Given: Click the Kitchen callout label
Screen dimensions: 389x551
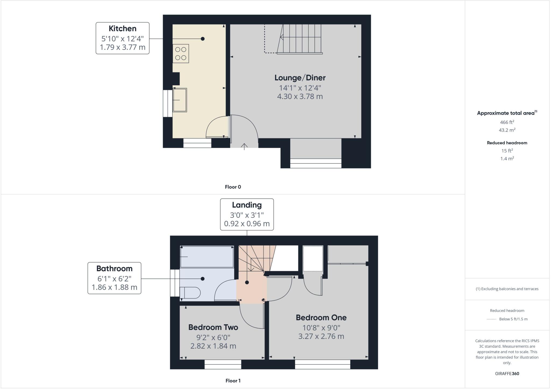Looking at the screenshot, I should coord(122,28).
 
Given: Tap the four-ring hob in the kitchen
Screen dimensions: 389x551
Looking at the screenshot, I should coord(181,53).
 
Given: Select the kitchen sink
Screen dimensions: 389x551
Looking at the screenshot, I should coord(180,100).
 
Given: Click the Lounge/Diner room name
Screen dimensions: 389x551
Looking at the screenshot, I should coord(300,78).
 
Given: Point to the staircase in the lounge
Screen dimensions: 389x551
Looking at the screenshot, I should coord(300,39).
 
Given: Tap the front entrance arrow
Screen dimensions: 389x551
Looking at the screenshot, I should coord(244,146).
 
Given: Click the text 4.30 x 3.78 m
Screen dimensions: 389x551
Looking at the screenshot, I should coord(300,96).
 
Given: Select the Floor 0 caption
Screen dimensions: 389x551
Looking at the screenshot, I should coord(233,187).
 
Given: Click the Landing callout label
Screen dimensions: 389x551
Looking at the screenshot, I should coord(247,205).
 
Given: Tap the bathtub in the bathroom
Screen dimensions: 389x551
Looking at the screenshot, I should coord(207,257).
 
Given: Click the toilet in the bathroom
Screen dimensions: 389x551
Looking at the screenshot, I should coord(190,293).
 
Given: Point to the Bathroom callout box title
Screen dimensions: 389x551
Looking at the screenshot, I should coord(114,269).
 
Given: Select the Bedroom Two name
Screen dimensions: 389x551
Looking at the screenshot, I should coord(213,327).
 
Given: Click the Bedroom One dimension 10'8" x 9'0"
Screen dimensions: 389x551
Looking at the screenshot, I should coord(321,328).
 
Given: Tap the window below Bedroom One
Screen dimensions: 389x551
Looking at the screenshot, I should coord(322,364).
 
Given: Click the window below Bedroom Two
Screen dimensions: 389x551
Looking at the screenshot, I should coord(223,364).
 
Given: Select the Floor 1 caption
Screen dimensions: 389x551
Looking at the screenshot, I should coord(233,381).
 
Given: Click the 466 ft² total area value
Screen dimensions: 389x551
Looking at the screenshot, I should coord(507,122).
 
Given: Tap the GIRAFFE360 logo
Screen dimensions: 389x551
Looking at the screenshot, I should coord(507,373).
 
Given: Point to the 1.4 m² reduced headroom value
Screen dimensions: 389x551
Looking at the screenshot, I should coord(507,159).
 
